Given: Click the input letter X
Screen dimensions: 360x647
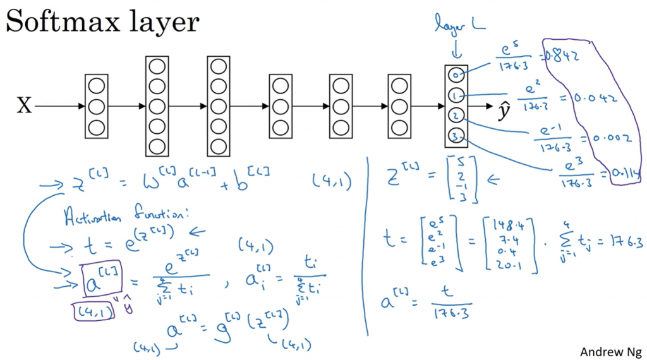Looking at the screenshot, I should tap(23, 105).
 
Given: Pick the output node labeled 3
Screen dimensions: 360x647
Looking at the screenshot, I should tap(456, 135).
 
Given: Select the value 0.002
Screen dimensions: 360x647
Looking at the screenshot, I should tap(610, 138).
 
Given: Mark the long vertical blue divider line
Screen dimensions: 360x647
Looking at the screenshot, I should tap(368, 246).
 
